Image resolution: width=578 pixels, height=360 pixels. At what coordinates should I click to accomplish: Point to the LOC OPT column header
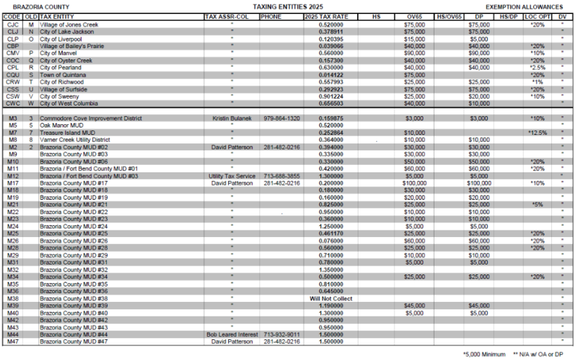coord(537,15)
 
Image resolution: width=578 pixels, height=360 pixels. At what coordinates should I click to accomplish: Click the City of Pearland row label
coord(61,67)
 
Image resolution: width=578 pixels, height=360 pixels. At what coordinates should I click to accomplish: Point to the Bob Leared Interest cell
coord(231,335)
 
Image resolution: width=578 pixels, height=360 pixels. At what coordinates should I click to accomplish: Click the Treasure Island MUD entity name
coord(67,133)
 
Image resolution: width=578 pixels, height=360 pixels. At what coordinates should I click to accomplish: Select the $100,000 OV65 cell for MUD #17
coord(414,183)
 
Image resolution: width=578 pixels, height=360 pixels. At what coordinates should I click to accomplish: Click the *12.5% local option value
coord(537,133)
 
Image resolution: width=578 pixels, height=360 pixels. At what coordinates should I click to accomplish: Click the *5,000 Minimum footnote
coord(483,354)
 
